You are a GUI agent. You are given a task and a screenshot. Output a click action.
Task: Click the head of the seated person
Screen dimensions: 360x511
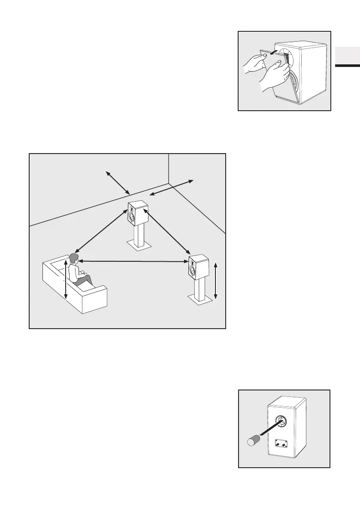pyautogui.click(x=75, y=258)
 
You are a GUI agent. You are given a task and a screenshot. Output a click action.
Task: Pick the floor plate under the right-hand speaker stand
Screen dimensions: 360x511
pyautogui.click(x=200, y=300)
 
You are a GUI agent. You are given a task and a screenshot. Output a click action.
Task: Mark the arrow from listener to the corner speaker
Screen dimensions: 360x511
pyautogui.click(x=101, y=230)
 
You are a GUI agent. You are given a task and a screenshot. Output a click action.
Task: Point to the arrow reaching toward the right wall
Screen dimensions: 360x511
pyautogui.click(x=172, y=188)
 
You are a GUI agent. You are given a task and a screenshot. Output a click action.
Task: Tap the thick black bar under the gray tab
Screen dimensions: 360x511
pyautogui.click(x=347, y=66)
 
